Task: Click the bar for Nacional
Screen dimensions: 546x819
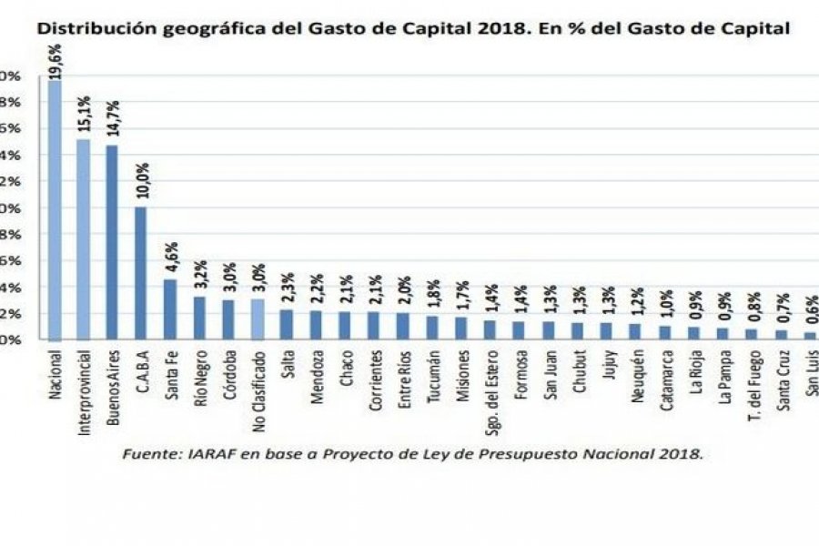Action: click(55, 210)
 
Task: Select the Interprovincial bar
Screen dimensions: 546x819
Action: click(83, 238)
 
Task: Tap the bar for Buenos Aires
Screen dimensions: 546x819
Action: click(112, 242)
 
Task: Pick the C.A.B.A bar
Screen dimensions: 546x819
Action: click(141, 272)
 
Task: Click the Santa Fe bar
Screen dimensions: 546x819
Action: click(170, 308)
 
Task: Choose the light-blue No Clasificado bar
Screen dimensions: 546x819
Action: click(257, 318)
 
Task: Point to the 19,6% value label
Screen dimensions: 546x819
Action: click(55, 62)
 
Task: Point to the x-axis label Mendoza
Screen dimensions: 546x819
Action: click(315, 373)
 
